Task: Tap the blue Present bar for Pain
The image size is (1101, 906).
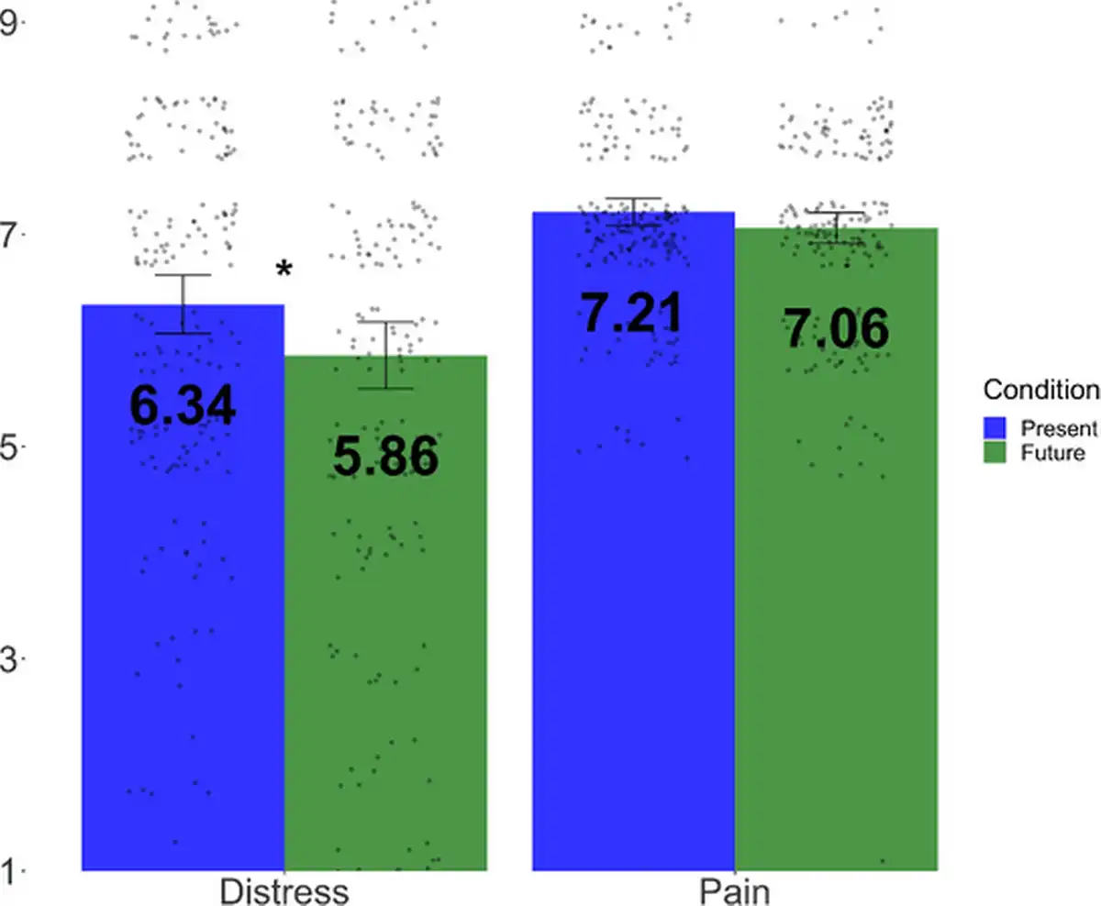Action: pos(633,596)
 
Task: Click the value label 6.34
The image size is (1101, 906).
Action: pos(183,405)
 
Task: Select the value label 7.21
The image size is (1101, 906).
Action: pos(633,313)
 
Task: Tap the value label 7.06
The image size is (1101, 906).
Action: pos(836,329)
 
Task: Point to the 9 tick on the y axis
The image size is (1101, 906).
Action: pos(10,22)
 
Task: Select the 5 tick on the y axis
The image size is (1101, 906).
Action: pos(10,447)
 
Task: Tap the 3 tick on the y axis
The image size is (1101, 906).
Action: pos(10,658)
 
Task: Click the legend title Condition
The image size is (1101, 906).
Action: pos(1040,391)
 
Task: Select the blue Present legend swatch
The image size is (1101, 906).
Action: pos(995,427)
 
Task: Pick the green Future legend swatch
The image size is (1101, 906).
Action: pos(995,452)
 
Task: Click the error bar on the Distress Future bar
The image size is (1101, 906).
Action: pos(386,355)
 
